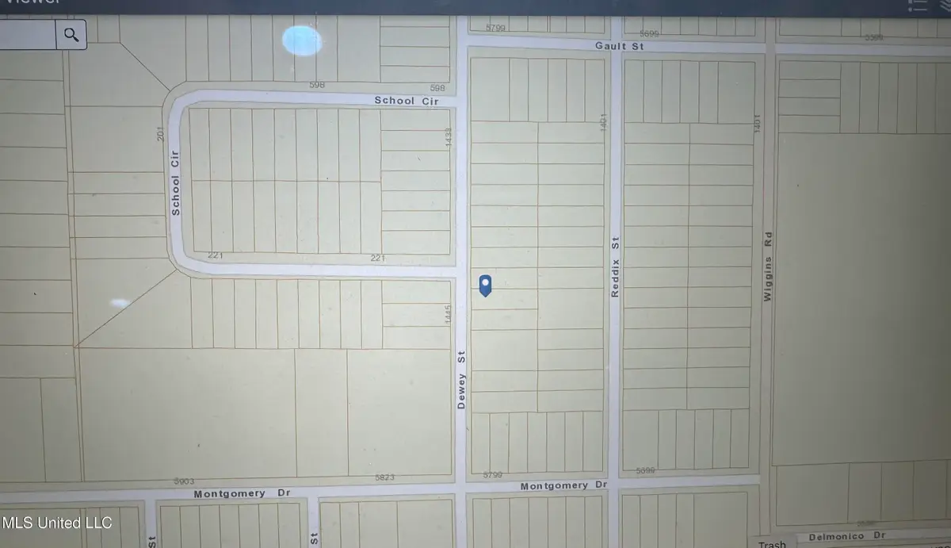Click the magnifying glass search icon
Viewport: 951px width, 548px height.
tap(72, 34)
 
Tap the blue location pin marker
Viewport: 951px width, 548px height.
tap(486, 285)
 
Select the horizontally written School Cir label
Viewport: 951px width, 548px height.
tap(406, 102)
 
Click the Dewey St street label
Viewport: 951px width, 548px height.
tap(461, 381)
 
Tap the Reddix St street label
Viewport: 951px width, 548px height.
tap(614, 267)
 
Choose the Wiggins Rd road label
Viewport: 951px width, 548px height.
tap(766, 266)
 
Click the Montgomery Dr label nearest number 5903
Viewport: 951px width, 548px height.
tap(230, 493)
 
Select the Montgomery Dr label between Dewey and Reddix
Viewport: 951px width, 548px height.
tap(563, 485)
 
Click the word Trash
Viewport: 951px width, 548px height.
tap(772, 544)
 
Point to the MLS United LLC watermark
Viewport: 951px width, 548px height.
tap(57, 523)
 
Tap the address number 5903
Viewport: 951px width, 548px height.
tap(184, 481)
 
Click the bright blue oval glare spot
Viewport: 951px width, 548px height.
tap(302, 40)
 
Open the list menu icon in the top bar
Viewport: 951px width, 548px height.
tap(918, 6)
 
